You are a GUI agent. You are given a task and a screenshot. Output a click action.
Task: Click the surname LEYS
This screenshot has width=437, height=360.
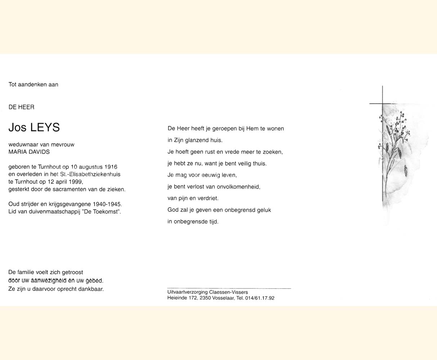tap(45, 127)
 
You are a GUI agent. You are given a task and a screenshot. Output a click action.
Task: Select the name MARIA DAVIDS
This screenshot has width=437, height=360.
tap(29, 152)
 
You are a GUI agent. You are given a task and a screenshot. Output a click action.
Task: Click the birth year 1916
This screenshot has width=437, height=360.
tap(111, 167)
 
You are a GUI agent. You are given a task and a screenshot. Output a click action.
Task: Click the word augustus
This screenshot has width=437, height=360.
tap(91, 167)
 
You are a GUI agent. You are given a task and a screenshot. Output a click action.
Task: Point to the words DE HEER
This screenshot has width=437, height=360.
tap(22, 107)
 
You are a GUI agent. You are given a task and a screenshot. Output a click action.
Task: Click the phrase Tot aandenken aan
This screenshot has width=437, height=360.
tap(33, 85)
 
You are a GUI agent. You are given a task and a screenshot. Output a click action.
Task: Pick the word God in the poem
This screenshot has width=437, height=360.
tap(173, 210)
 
